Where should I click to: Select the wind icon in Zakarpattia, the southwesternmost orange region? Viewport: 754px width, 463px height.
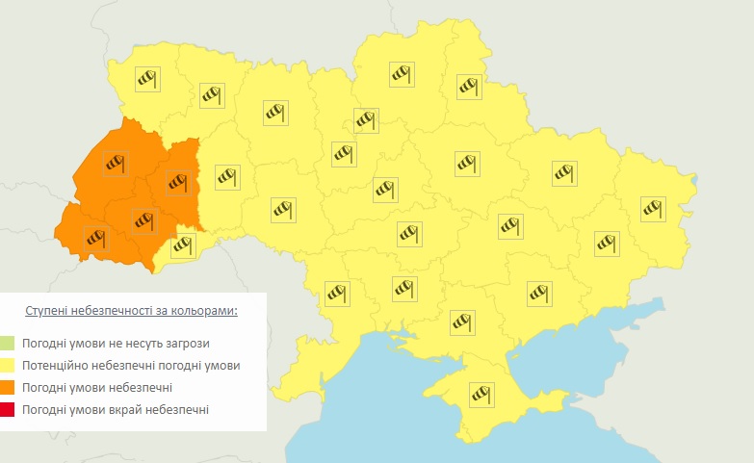pyautogui.click(x=95, y=237)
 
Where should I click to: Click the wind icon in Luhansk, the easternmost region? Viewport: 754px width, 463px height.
pyautogui.click(x=653, y=206)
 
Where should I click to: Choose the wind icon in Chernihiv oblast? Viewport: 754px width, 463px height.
pyautogui.click(x=401, y=73)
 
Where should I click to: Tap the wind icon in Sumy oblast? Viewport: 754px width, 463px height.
pyautogui.click(x=468, y=86)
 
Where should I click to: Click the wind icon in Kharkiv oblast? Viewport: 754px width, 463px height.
pyautogui.click(x=564, y=173)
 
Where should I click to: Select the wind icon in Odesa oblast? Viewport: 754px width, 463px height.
pyautogui.click(x=335, y=292)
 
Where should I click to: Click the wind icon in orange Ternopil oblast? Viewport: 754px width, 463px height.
pyautogui.click(x=178, y=181)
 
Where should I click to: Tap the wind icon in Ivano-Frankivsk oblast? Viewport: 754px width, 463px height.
pyautogui.click(x=143, y=221)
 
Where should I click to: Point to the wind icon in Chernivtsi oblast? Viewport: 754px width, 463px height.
pyautogui.click(x=181, y=245)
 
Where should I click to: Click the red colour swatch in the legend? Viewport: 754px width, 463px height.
pyautogui.click(x=8, y=411)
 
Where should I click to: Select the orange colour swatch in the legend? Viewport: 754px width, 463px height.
pyautogui.click(x=8, y=388)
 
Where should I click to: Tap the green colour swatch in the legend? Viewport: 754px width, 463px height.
pyautogui.click(x=8, y=343)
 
